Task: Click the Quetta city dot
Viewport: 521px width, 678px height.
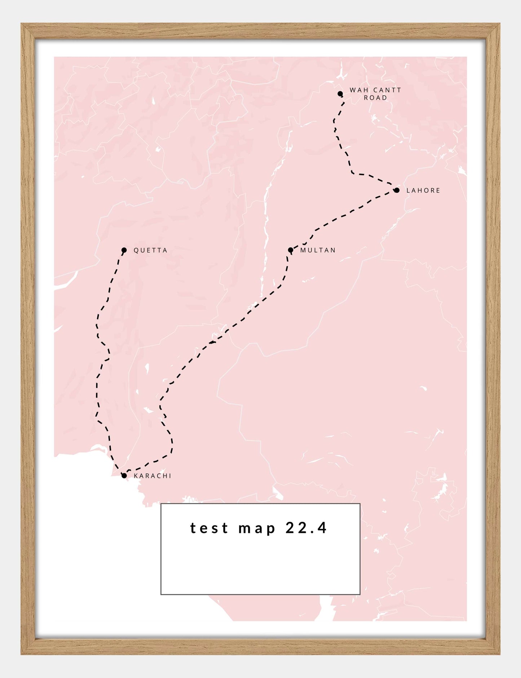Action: (x=124, y=250)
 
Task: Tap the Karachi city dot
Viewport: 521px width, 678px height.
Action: (x=124, y=476)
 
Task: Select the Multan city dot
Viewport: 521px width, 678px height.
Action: (x=291, y=250)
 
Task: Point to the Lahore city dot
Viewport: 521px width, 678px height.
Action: (x=397, y=190)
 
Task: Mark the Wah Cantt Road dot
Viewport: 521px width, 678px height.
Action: (x=340, y=94)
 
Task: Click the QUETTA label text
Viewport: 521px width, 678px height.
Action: (x=150, y=250)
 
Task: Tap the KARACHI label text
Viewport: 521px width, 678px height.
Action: (x=152, y=476)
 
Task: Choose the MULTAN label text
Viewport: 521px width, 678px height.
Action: (x=318, y=250)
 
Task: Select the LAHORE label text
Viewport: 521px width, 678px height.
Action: (x=423, y=191)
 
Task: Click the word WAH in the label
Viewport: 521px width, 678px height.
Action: (x=357, y=90)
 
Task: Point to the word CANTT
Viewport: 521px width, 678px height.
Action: (x=387, y=90)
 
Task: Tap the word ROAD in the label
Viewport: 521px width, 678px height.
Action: (x=375, y=98)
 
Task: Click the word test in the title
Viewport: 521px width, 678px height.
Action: (x=209, y=528)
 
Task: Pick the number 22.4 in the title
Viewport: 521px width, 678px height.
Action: (x=306, y=528)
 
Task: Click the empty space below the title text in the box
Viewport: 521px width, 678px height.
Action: (x=260, y=567)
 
